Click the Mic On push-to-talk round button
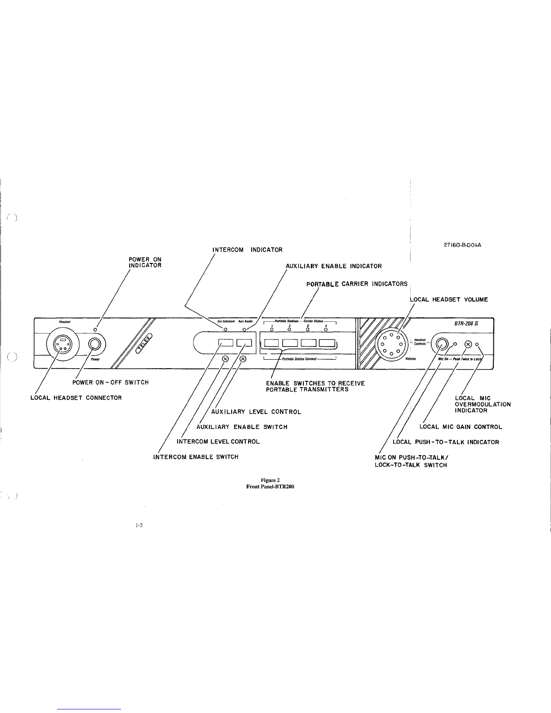[x=442, y=345]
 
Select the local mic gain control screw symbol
[x=469, y=344]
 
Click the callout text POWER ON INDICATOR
[x=145, y=262]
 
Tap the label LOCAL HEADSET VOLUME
[x=449, y=299]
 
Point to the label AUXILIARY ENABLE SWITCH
[x=242, y=427]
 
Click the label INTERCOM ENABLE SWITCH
[x=196, y=457]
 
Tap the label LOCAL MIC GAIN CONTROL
[x=461, y=427]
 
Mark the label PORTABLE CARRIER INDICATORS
[x=357, y=284]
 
